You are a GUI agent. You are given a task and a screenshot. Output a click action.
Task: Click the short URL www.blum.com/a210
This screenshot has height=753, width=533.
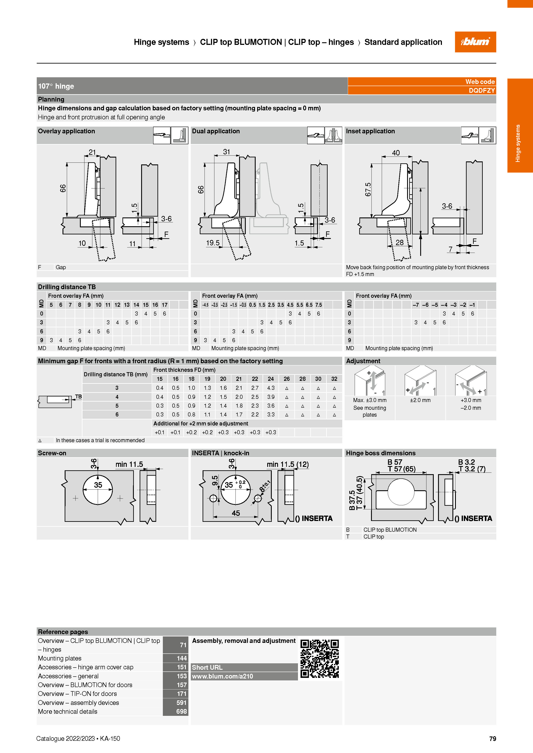click(223, 676)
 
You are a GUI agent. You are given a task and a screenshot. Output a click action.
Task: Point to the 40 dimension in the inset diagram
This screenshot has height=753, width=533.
click(396, 153)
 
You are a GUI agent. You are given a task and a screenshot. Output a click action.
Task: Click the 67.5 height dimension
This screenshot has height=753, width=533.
click(368, 190)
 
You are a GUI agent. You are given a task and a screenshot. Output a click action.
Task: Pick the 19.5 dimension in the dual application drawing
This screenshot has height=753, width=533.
click(213, 243)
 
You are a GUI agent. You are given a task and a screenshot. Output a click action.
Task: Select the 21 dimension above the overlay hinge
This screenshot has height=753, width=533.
click(92, 152)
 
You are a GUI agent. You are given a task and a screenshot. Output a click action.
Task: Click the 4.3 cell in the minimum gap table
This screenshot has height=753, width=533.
click(271, 388)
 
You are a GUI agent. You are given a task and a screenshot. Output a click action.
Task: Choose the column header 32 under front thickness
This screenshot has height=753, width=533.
click(334, 379)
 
